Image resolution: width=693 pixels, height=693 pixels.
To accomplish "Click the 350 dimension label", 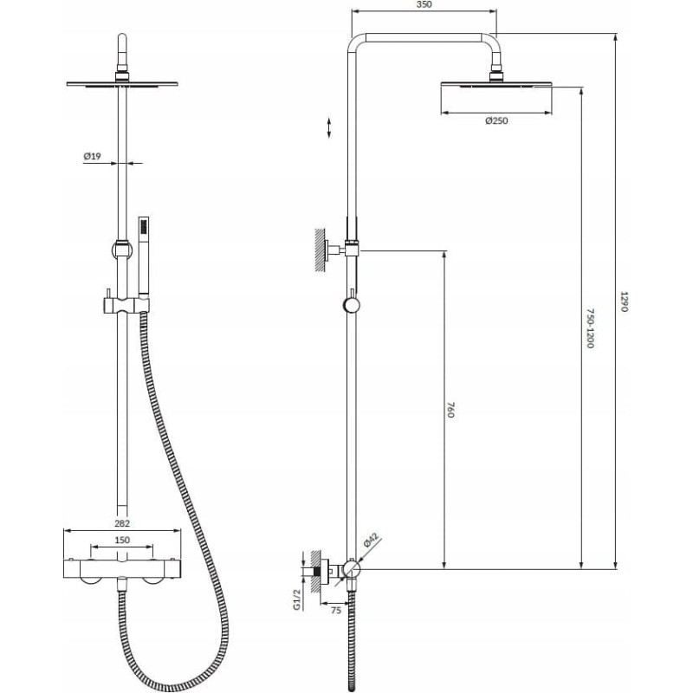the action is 424,5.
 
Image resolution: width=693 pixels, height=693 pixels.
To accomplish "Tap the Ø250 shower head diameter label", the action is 496,120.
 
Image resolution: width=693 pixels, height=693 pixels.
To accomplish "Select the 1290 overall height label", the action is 624,301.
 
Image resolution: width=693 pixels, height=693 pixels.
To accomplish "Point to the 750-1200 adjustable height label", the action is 590,328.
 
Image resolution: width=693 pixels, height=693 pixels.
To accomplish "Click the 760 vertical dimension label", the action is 450,410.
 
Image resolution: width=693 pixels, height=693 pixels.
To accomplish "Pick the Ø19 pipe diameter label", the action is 93,156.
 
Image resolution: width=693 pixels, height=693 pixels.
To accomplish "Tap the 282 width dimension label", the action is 122,524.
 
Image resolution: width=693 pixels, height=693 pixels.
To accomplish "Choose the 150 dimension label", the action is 122,540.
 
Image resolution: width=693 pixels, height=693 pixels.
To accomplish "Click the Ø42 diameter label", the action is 371,541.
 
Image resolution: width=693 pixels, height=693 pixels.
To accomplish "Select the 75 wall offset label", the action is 336,611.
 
